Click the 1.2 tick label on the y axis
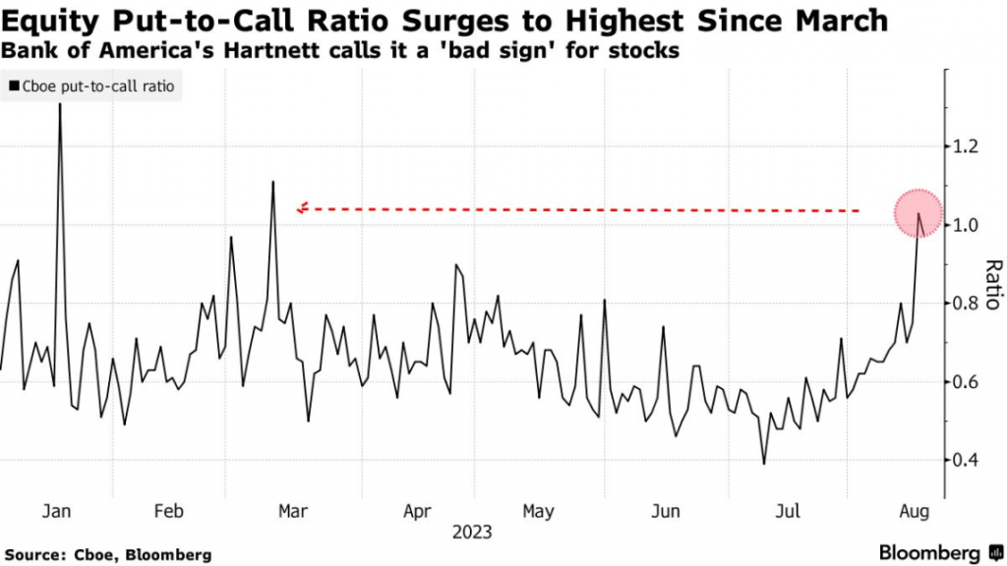pos(969,146)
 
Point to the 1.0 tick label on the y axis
pos(969,225)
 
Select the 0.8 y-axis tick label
pos(969,304)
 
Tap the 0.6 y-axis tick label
pos(969,381)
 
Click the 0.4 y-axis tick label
pos(969,460)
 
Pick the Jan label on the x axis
pos(56,512)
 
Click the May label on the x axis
pos(538,512)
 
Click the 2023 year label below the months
pos(472,534)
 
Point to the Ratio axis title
pos(992,284)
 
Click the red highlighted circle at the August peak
pos(918,213)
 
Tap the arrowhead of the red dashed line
pos(302,207)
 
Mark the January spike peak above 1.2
pos(60,103)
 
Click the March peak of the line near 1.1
pos(273,182)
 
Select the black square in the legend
pos(14,86)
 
